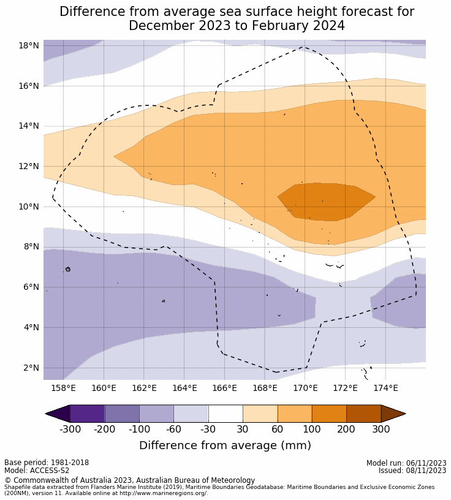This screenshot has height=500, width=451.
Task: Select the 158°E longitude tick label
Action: point(63,388)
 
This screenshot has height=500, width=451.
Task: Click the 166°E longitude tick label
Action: point(224,388)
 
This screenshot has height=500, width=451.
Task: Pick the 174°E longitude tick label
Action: point(385,388)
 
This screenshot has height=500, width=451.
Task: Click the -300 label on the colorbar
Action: point(70,429)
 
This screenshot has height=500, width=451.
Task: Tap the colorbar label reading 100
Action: point(311,429)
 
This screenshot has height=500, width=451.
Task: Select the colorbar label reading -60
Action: point(174,429)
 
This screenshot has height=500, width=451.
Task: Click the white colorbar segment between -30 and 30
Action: point(225,414)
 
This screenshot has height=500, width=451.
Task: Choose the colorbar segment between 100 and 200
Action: point(329,414)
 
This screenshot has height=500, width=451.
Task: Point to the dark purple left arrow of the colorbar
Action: point(57,414)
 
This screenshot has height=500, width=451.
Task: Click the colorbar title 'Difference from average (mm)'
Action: point(225,445)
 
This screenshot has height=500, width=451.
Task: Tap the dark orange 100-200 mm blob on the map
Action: point(325,201)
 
